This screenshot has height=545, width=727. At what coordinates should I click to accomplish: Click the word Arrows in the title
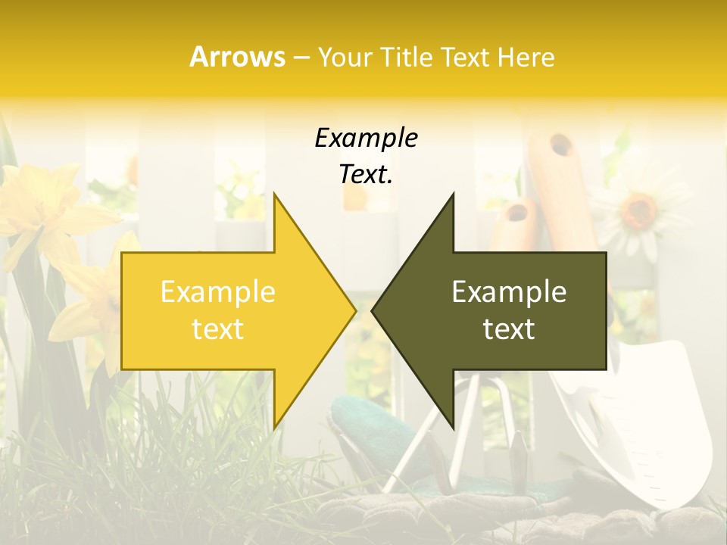coord(238,57)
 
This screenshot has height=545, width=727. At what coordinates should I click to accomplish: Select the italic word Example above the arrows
coord(366,138)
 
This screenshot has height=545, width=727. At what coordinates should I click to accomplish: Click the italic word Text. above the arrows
coord(366,174)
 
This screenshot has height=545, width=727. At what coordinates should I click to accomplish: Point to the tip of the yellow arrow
coord(355,310)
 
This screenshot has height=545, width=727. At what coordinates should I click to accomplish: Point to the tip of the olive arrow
coord(373,310)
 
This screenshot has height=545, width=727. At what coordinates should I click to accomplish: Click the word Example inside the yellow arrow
coord(218,291)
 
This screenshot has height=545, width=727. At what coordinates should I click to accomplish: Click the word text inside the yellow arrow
coord(218,329)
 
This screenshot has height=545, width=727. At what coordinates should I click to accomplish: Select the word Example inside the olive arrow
coord(509,291)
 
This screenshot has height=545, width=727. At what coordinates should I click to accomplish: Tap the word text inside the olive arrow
coord(509,329)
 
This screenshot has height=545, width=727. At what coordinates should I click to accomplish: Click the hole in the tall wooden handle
coord(561,145)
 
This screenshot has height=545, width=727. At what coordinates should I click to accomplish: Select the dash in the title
coord(301,58)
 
